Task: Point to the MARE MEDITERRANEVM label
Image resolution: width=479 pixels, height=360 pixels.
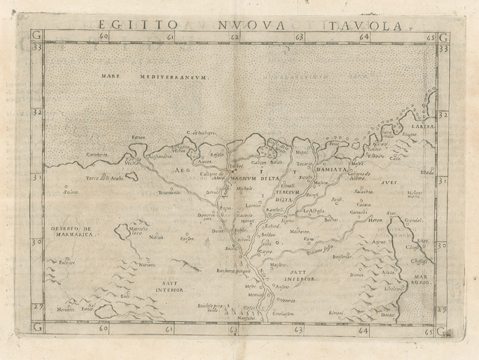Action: click(159, 77)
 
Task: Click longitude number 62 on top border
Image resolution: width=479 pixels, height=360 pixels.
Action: click(235, 36)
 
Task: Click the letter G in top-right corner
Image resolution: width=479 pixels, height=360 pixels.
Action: click(442, 36)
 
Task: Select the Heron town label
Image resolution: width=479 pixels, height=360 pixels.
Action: click(376, 220)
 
